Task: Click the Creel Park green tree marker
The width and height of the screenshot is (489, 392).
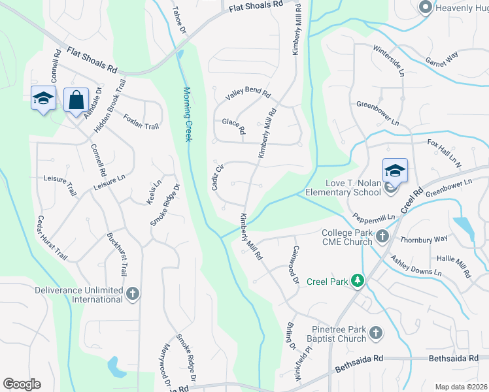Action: [358, 281]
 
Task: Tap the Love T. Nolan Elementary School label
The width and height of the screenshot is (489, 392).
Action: [340, 188]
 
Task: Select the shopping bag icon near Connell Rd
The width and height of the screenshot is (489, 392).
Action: [76, 101]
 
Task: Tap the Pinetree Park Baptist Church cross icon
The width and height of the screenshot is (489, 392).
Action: [375, 333]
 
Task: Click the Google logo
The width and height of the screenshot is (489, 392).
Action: [22, 384]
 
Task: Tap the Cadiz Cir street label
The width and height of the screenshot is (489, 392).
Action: [218, 176]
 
